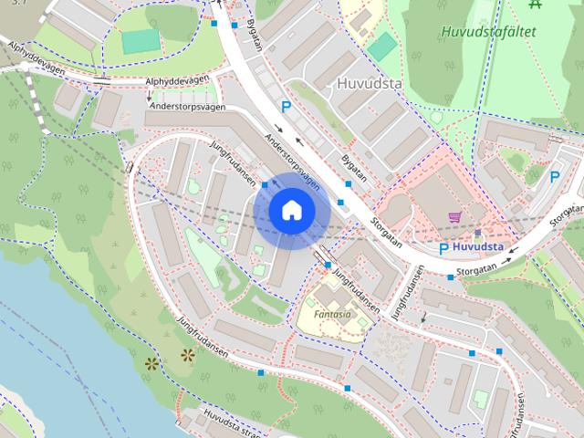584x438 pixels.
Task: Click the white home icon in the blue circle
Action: coord(291,211)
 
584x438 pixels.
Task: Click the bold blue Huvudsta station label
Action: coord(479,246)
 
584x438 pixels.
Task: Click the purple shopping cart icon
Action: coord(454,217)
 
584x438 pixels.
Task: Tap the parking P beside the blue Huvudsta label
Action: coord(444,248)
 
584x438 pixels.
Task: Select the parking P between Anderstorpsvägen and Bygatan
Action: coord(286,108)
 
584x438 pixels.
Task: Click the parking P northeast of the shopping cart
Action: coord(554,177)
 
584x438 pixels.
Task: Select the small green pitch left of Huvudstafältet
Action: coord(382,46)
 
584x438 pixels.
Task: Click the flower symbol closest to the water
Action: coord(151,363)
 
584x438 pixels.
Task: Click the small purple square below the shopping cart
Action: coord(477,234)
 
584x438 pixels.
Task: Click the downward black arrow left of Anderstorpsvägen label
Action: coord(150,96)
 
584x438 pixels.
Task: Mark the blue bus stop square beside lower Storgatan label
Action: coord(451,276)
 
